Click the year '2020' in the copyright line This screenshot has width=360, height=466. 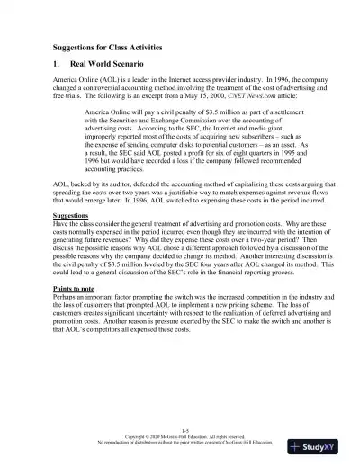click(141, 437)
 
